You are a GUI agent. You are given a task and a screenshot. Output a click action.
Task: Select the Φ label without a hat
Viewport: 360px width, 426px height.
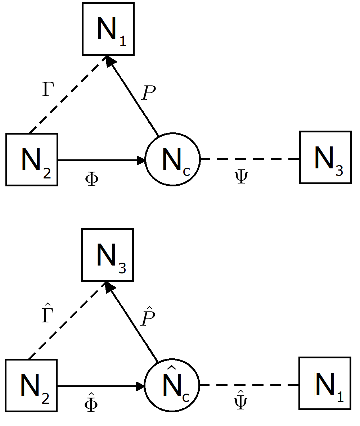[91, 179]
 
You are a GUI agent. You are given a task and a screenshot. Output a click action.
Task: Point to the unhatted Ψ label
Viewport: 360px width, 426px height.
[240, 177]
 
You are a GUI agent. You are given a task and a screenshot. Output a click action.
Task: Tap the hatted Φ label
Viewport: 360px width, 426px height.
[90, 403]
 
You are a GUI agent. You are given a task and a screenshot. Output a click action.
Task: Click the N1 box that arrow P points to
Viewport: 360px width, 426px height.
[108, 29]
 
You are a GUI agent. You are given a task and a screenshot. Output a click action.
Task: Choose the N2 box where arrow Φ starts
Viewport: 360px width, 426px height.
[32, 159]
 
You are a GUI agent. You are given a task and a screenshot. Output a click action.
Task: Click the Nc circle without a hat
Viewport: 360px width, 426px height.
[172, 159]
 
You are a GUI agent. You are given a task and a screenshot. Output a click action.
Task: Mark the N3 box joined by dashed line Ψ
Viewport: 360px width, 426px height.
[325, 158]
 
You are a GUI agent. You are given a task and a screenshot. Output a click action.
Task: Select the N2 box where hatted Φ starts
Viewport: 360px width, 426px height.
[31, 385]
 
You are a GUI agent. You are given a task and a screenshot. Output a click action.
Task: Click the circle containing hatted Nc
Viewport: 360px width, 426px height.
[172, 385]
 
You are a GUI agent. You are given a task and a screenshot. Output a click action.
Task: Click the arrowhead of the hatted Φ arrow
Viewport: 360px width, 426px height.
[140, 386]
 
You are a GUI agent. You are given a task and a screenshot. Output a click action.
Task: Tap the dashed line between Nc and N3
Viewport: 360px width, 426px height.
[250, 159]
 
